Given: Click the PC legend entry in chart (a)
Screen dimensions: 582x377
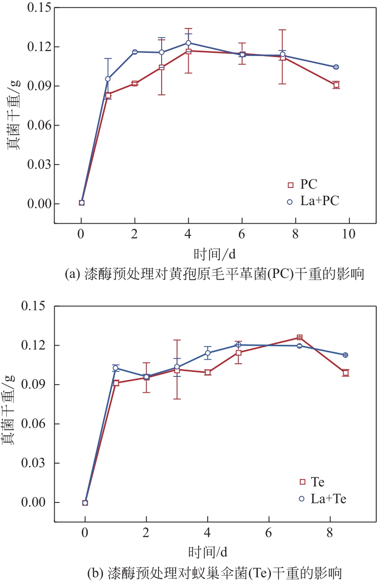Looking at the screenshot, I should tap(303, 184).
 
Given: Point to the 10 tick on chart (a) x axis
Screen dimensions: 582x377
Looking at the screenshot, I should tap(349, 234).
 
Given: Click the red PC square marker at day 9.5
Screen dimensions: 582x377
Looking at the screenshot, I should tap(336, 85).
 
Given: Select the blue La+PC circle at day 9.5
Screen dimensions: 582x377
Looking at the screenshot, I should tap(336, 67).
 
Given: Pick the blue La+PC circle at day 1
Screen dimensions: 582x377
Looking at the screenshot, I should tap(108, 79).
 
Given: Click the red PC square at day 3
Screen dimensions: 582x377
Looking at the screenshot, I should tap(162, 67).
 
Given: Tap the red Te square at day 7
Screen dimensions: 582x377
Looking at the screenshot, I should tap(299, 338).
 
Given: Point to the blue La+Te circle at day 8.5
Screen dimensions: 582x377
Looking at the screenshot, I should tap(345, 355).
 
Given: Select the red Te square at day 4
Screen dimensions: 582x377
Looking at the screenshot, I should tap(208, 372).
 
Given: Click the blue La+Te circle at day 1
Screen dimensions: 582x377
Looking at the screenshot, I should tap(116, 368).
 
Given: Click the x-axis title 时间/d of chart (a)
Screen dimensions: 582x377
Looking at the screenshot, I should tap(214, 254).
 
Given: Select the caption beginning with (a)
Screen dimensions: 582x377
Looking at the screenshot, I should tap(214, 274).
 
